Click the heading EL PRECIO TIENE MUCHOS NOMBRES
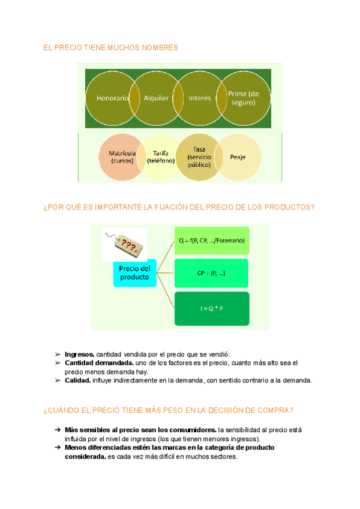pos(111,47)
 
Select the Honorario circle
pos(108,98)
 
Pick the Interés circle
pos(200,98)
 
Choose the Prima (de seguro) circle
pos(242,98)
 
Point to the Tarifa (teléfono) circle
pos(160,157)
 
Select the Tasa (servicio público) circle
pos(199,157)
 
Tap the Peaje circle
pos(238,157)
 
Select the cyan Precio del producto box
pos(134,273)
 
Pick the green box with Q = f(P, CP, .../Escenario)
pos(211,241)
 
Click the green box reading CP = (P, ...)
pos(211,273)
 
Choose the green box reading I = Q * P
pos(211,308)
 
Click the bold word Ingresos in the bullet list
pos(79,355)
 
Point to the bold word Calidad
pos(77,380)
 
